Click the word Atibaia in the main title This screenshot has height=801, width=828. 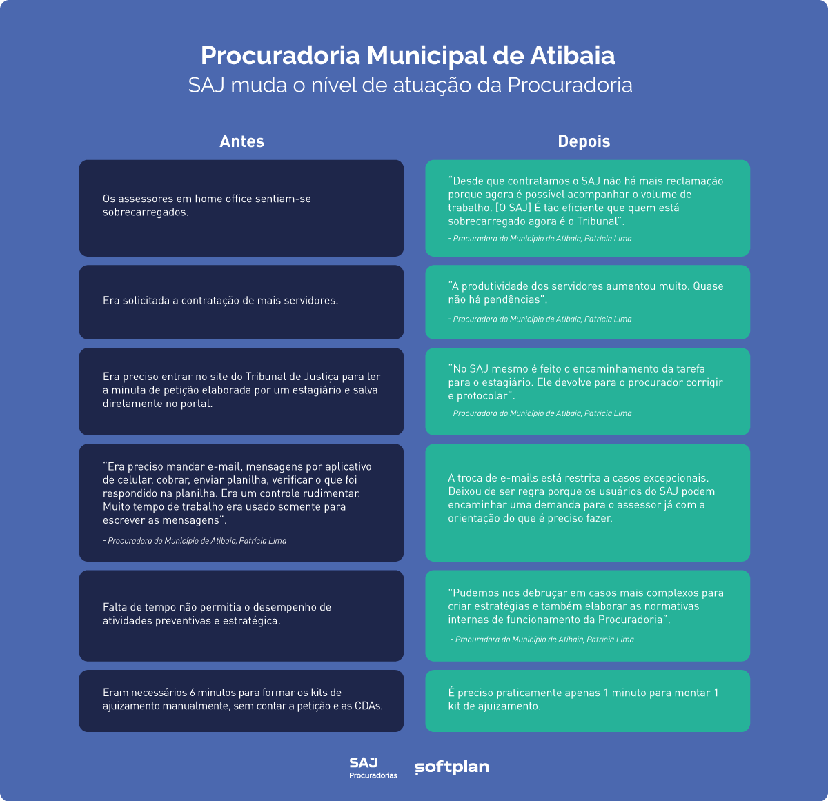pyautogui.click(x=572, y=55)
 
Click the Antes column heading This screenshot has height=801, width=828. pyautogui.click(x=241, y=141)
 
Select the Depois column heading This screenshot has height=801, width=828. pyautogui.click(x=584, y=141)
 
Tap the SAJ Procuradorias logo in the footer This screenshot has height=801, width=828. pyautogui.click(x=373, y=767)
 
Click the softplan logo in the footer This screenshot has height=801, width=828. pyautogui.click(x=452, y=767)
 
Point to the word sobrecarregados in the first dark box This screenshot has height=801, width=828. pyautogui.click(x=144, y=212)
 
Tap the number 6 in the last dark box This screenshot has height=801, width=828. pyautogui.click(x=193, y=693)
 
